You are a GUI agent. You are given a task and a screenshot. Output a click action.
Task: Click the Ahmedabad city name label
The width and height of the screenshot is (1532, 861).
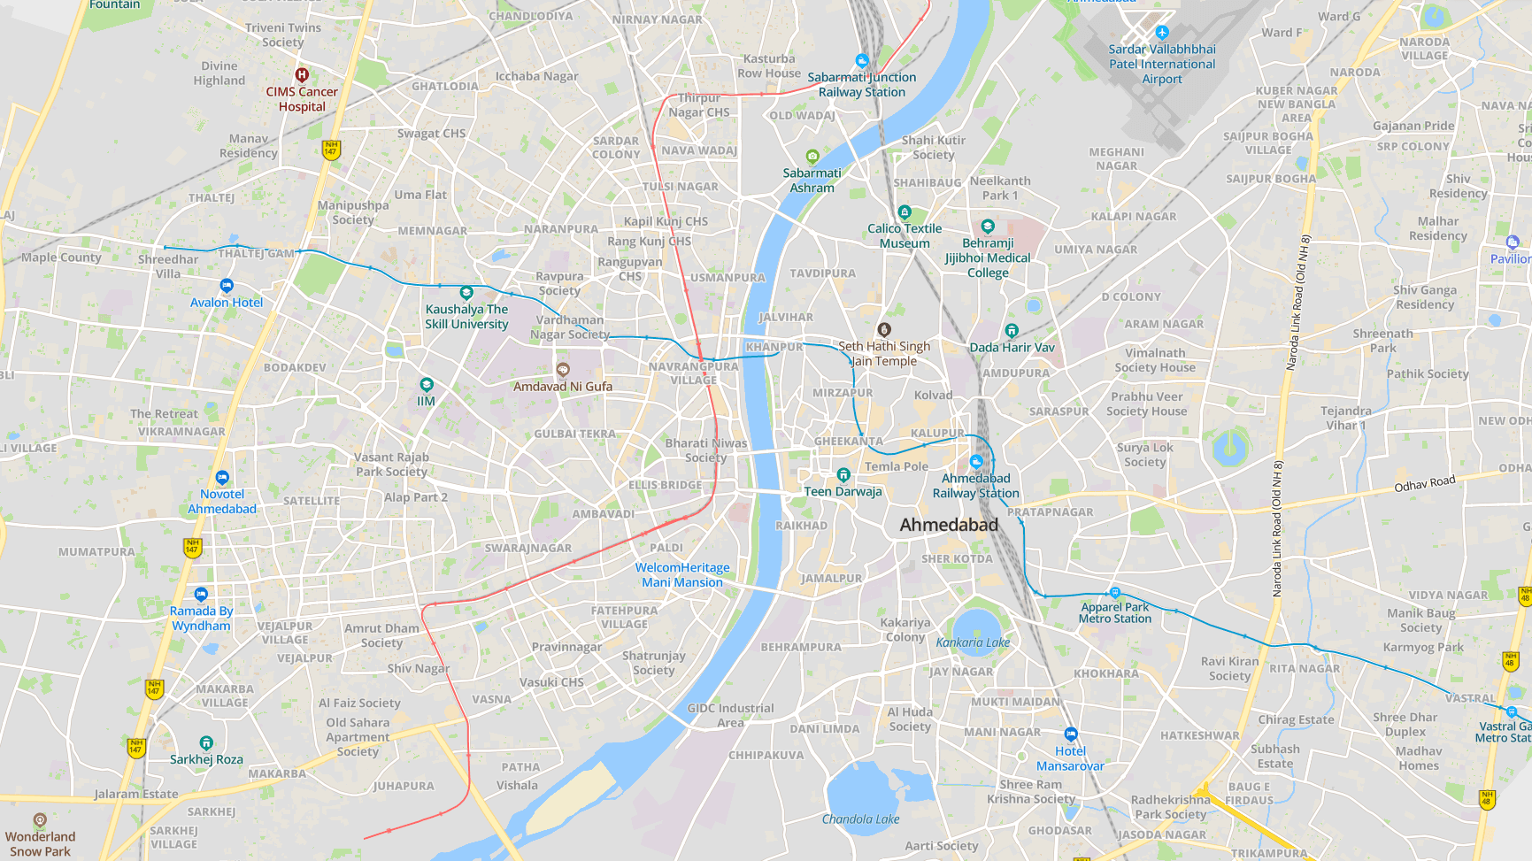(x=949, y=525)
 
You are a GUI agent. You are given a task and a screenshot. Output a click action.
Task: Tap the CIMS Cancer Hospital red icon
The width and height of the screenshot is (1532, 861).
(x=302, y=75)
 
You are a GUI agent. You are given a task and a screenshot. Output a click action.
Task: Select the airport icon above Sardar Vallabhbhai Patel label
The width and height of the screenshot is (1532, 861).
(x=1162, y=33)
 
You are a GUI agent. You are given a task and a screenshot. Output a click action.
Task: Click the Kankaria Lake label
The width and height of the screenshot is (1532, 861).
(x=973, y=642)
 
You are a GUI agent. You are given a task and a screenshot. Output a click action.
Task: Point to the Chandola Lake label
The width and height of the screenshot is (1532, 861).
(x=860, y=819)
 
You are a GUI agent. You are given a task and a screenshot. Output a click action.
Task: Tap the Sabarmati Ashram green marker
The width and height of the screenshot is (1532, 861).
(x=812, y=157)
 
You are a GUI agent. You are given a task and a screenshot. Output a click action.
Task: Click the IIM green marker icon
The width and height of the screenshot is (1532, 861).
(x=427, y=384)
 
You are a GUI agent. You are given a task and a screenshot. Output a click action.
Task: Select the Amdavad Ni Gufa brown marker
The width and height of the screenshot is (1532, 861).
(x=563, y=369)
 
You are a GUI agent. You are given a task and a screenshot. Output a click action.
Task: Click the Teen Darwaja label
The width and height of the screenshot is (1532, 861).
(x=843, y=491)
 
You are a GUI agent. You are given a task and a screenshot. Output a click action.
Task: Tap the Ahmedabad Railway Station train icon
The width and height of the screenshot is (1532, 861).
(x=976, y=461)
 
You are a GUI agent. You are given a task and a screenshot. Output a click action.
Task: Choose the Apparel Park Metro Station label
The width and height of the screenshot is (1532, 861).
(x=1114, y=612)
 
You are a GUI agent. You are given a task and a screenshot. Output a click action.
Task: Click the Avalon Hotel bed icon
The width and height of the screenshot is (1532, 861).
(x=227, y=286)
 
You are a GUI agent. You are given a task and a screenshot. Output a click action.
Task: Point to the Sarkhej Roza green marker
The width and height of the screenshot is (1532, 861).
(x=206, y=742)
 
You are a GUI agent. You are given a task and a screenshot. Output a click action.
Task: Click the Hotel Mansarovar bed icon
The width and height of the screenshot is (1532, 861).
(x=1071, y=734)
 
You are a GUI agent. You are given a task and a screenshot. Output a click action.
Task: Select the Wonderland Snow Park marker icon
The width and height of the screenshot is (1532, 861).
(x=40, y=820)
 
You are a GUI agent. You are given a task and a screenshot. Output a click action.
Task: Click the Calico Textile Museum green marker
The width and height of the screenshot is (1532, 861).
(x=905, y=212)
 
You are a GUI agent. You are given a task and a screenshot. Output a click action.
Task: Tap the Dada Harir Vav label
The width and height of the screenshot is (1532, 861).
(x=1012, y=347)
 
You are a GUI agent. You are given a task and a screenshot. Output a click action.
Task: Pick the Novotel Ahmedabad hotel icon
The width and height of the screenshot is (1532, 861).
(x=222, y=478)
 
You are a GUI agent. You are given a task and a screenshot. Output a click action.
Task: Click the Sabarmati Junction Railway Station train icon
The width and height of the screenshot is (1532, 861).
(x=862, y=61)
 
